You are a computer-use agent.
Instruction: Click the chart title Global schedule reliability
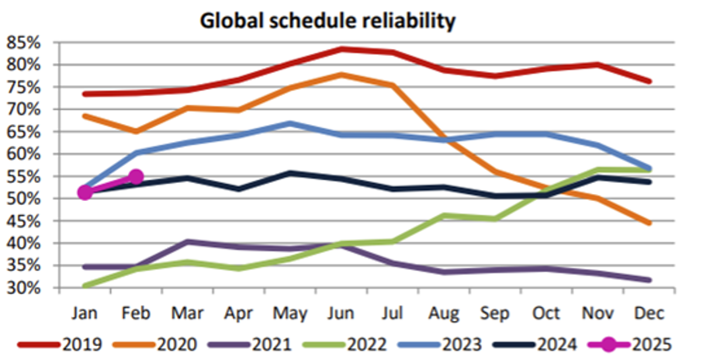(327, 20)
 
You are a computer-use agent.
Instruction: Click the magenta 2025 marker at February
(136, 177)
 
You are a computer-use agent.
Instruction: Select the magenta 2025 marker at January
(85, 192)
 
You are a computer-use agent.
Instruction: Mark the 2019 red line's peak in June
(341, 49)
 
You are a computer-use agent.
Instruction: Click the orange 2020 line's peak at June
(341, 74)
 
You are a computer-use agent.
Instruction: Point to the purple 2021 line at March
(187, 241)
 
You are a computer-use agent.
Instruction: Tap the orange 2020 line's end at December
(649, 223)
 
